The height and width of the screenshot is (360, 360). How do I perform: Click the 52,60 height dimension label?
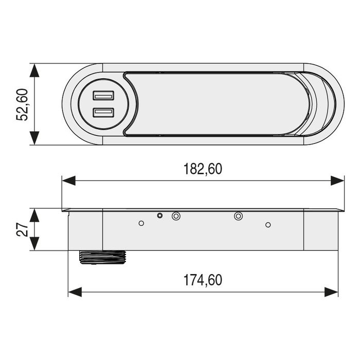[23, 104]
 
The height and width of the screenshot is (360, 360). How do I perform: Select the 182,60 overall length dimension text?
[204, 169]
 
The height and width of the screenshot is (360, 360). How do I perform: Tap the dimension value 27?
[23, 230]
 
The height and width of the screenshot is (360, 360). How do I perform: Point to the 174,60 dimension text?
[203, 280]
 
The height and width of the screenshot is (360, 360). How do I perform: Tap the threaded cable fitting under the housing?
[103, 257]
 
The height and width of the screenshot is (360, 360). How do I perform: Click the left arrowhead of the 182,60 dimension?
[68, 181]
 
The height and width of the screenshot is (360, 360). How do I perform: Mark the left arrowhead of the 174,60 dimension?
[75, 292]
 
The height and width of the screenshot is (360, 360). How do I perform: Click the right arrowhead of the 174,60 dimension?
[332, 292]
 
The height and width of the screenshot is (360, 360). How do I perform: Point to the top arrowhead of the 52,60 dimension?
[34, 70]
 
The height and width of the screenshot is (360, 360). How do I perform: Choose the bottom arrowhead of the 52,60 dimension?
[34, 138]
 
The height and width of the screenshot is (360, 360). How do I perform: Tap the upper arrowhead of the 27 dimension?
[34, 214]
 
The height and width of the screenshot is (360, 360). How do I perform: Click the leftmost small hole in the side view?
[141, 223]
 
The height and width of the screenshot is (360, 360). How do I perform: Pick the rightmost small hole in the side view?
[267, 225]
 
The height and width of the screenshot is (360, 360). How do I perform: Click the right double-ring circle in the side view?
[238, 217]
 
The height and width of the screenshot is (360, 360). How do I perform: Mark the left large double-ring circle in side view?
[176, 217]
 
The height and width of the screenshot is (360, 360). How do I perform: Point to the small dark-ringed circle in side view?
[160, 216]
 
